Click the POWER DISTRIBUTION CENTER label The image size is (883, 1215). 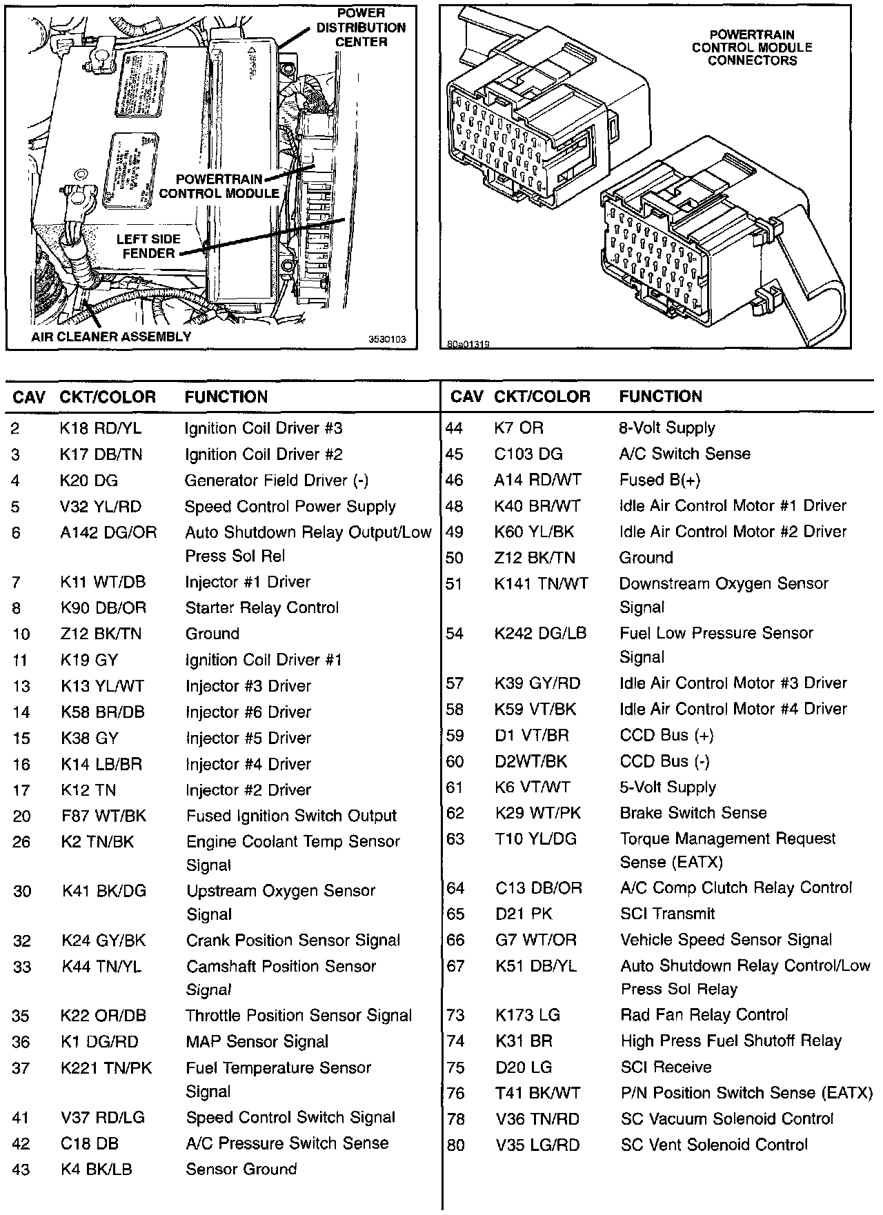click(361, 28)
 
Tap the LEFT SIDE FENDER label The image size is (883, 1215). click(148, 246)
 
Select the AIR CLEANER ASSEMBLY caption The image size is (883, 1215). click(111, 337)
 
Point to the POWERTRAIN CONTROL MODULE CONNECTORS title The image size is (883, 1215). click(752, 48)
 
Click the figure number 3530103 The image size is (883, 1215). click(387, 339)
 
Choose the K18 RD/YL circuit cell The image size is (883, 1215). click(101, 428)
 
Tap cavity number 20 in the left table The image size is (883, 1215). click(21, 816)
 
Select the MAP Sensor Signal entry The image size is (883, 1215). click(257, 1041)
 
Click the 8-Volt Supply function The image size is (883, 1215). click(667, 428)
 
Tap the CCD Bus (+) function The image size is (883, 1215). click(666, 735)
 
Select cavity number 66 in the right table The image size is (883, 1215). click(455, 940)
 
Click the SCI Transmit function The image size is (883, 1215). click(667, 914)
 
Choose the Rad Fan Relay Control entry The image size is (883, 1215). click(704, 1015)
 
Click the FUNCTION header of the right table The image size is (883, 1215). click(660, 396)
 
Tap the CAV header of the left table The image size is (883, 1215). click(29, 397)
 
